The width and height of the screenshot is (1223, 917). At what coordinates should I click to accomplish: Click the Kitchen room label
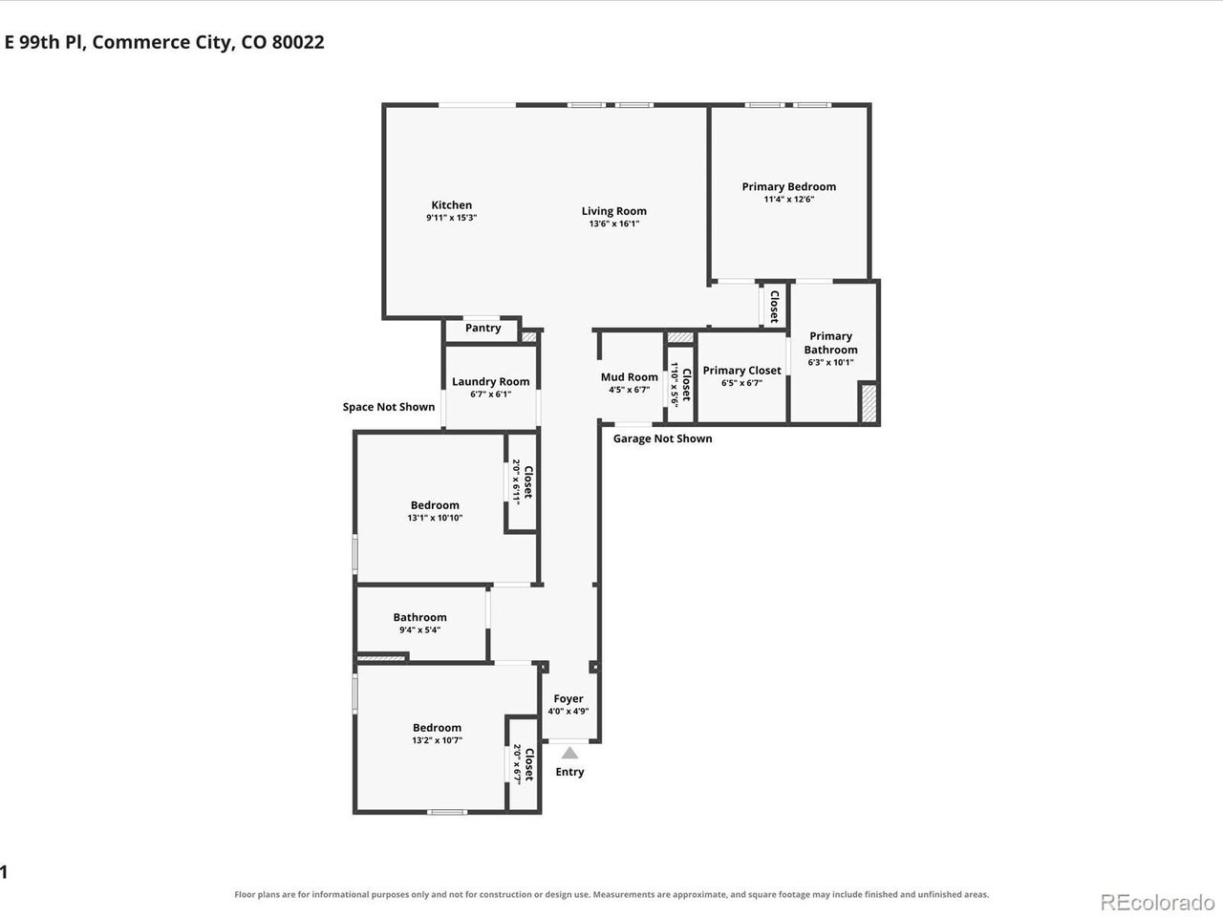[x=451, y=204]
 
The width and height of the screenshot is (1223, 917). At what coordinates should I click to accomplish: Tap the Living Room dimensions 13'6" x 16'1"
[x=614, y=224]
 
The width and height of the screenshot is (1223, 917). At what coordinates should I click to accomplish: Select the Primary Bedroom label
[x=788, y=186]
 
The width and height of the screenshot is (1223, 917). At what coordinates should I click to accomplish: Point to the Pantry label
[x=483, y=328]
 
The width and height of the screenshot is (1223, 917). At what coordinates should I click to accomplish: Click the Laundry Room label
[x=490, y=381]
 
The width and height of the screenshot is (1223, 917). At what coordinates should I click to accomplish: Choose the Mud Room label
[x=629, y=377]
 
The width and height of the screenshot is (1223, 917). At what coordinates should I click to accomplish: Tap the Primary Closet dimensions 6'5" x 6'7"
[x=741, y=383]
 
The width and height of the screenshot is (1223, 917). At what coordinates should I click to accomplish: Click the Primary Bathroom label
[x=830, y=343]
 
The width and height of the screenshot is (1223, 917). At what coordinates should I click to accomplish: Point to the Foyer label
[x=569, y=698]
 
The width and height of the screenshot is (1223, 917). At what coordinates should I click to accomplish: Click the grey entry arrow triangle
[x=569, y=754]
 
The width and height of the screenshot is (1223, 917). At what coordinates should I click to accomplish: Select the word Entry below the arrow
[x=569, y=772]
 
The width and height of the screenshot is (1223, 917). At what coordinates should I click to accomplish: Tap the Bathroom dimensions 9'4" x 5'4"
[x=419, y=630]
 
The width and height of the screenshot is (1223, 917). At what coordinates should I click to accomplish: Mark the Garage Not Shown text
[x=662, y=438]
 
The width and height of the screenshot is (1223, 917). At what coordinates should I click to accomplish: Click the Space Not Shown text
[x=388, y=407]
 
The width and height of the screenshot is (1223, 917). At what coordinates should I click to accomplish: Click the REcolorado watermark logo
[x=1157, y=903]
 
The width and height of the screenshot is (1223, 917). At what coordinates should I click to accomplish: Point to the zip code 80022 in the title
[x=298, y=42]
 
